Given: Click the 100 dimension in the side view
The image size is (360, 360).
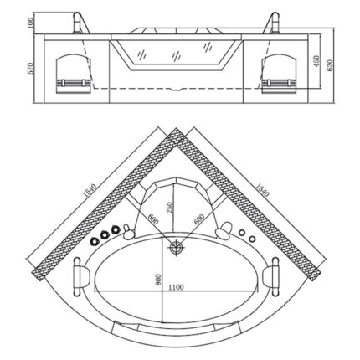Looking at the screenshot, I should point(31,23).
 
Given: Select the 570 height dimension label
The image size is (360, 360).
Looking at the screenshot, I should point(31,70).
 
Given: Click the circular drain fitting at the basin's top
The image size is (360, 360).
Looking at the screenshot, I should point(177,247).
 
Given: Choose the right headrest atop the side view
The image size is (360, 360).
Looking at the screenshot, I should point(274,22).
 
